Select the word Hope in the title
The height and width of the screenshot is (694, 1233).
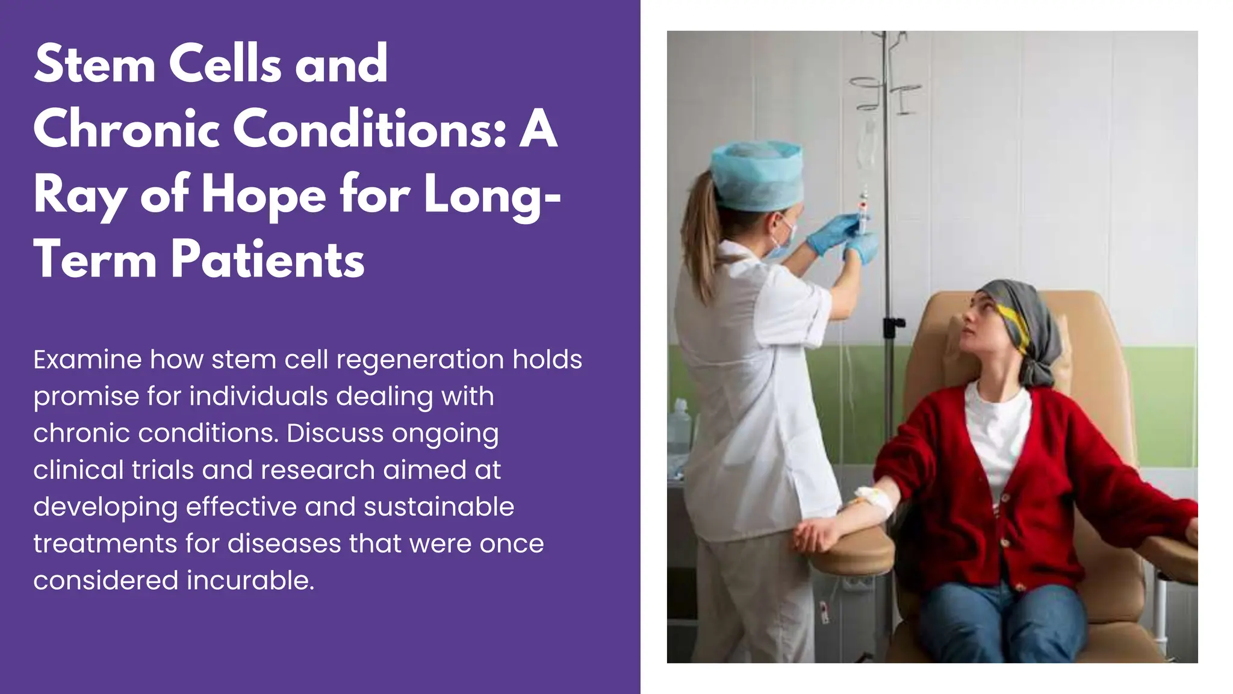(x=264, y=195)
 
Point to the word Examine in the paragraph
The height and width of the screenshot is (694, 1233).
(x=87, y=360)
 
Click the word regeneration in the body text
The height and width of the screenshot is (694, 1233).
(x=420, y=360)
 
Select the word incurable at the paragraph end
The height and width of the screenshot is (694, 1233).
(x=250, y=581)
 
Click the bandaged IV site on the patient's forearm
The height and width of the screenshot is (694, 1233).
(x=870, y=499)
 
